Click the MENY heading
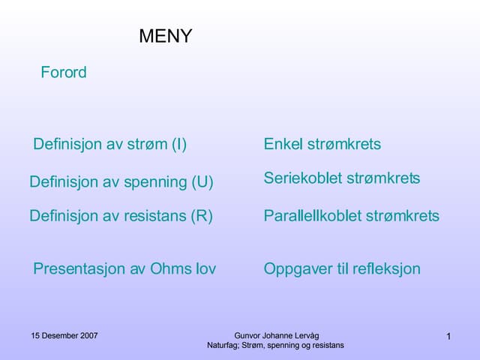coord(165,36)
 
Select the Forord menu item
coord(64,73)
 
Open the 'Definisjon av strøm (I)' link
coord(109,144)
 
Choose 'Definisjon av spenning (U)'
coord(121,181)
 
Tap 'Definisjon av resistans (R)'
coord(121,216)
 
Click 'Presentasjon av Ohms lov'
coord(124,268)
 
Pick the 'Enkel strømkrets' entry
coord(322,144)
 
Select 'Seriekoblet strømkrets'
coord(341,178)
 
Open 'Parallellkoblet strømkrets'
coord(351,216)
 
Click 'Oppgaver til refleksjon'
coord(342,268)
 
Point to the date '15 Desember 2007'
coord(64,335)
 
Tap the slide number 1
coord(448,337)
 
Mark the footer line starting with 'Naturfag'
coord(275,345)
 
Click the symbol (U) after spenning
coord(202,181)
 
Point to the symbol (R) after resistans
coord(202,216)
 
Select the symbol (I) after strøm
coord(178,144)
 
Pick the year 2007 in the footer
coord(88,335)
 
